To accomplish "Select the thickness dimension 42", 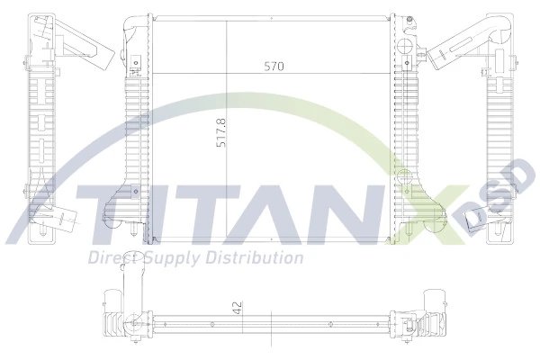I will tap(237, 306).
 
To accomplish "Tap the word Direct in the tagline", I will tap(109, 258).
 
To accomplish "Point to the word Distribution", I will tap(255, 258).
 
